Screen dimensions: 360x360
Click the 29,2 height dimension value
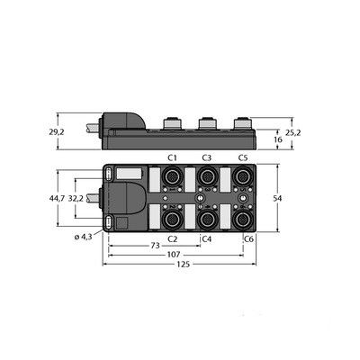(57, 132)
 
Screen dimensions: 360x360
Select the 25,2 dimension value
(293, 132)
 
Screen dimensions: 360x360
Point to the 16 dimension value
(278, 139)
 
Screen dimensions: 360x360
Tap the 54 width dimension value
(277, 198)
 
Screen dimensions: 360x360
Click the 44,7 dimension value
(57, 198)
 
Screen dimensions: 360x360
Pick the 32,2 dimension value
(76, 198)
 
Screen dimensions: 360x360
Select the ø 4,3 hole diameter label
(83, 237)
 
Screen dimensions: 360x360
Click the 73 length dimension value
(155, 246)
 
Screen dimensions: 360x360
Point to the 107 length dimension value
(174, 255)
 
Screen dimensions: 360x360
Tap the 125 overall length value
(184, 265)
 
